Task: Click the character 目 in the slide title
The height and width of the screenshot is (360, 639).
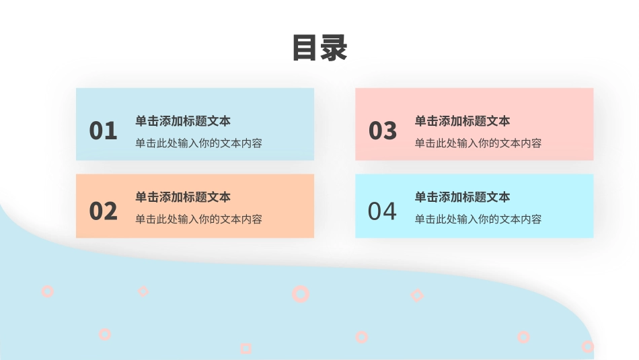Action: pos(305,48)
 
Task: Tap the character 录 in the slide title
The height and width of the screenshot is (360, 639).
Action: pos(334,48)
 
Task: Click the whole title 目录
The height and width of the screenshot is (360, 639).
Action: pos(319,48)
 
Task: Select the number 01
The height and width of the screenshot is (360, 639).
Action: pos(103,131)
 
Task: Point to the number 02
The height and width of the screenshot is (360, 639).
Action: pos(103,211)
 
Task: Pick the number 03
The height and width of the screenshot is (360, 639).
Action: pos(383,131)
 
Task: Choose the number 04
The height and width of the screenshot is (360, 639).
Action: pos(382,211)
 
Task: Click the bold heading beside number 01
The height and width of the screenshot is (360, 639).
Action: pos(183,121)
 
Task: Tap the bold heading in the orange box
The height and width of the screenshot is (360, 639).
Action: pos(183,197)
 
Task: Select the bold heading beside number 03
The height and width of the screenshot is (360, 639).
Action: pos(462,121)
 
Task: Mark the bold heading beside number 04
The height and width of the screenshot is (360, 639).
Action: pos(462,197)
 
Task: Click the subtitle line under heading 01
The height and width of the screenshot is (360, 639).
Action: pos(198,143)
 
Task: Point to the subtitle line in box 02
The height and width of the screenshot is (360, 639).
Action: pos(198,219)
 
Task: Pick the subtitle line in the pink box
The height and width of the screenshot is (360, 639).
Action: pos(478,143)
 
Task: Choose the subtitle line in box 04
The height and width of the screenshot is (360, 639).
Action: pos(478,219)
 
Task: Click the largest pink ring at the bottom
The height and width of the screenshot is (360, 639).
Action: pos(301,293)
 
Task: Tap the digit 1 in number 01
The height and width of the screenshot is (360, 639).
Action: pos(110,131)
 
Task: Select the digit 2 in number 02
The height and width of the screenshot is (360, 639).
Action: pos(110,211)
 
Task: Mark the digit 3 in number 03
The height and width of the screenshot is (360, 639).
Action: pos(390,131)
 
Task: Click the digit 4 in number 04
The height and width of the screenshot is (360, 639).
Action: pos(389,211)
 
